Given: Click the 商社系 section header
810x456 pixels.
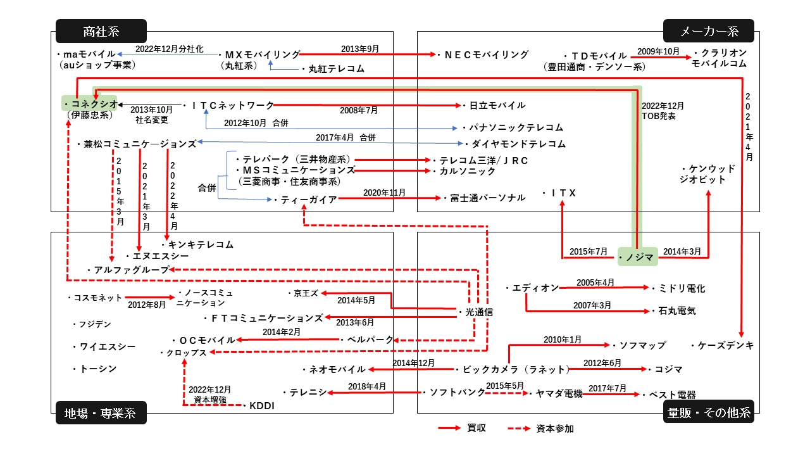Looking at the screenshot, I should (101, 31).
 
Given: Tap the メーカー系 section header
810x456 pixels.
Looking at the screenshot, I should (709, 31).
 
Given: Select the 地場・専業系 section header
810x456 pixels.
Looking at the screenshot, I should (101, 413).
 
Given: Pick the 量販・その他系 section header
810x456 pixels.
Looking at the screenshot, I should (709, 413).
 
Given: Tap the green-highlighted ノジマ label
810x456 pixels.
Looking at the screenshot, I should (638, 256).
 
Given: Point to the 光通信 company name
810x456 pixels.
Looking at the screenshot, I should (478, 312).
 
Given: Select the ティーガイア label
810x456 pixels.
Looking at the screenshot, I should (308, 199).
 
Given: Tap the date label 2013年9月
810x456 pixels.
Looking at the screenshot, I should (359, 49).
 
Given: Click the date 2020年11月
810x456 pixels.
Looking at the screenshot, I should (384, 192).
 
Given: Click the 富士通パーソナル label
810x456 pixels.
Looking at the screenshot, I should (487, 198).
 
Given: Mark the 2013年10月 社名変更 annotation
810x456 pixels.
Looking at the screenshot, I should (151, 114).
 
